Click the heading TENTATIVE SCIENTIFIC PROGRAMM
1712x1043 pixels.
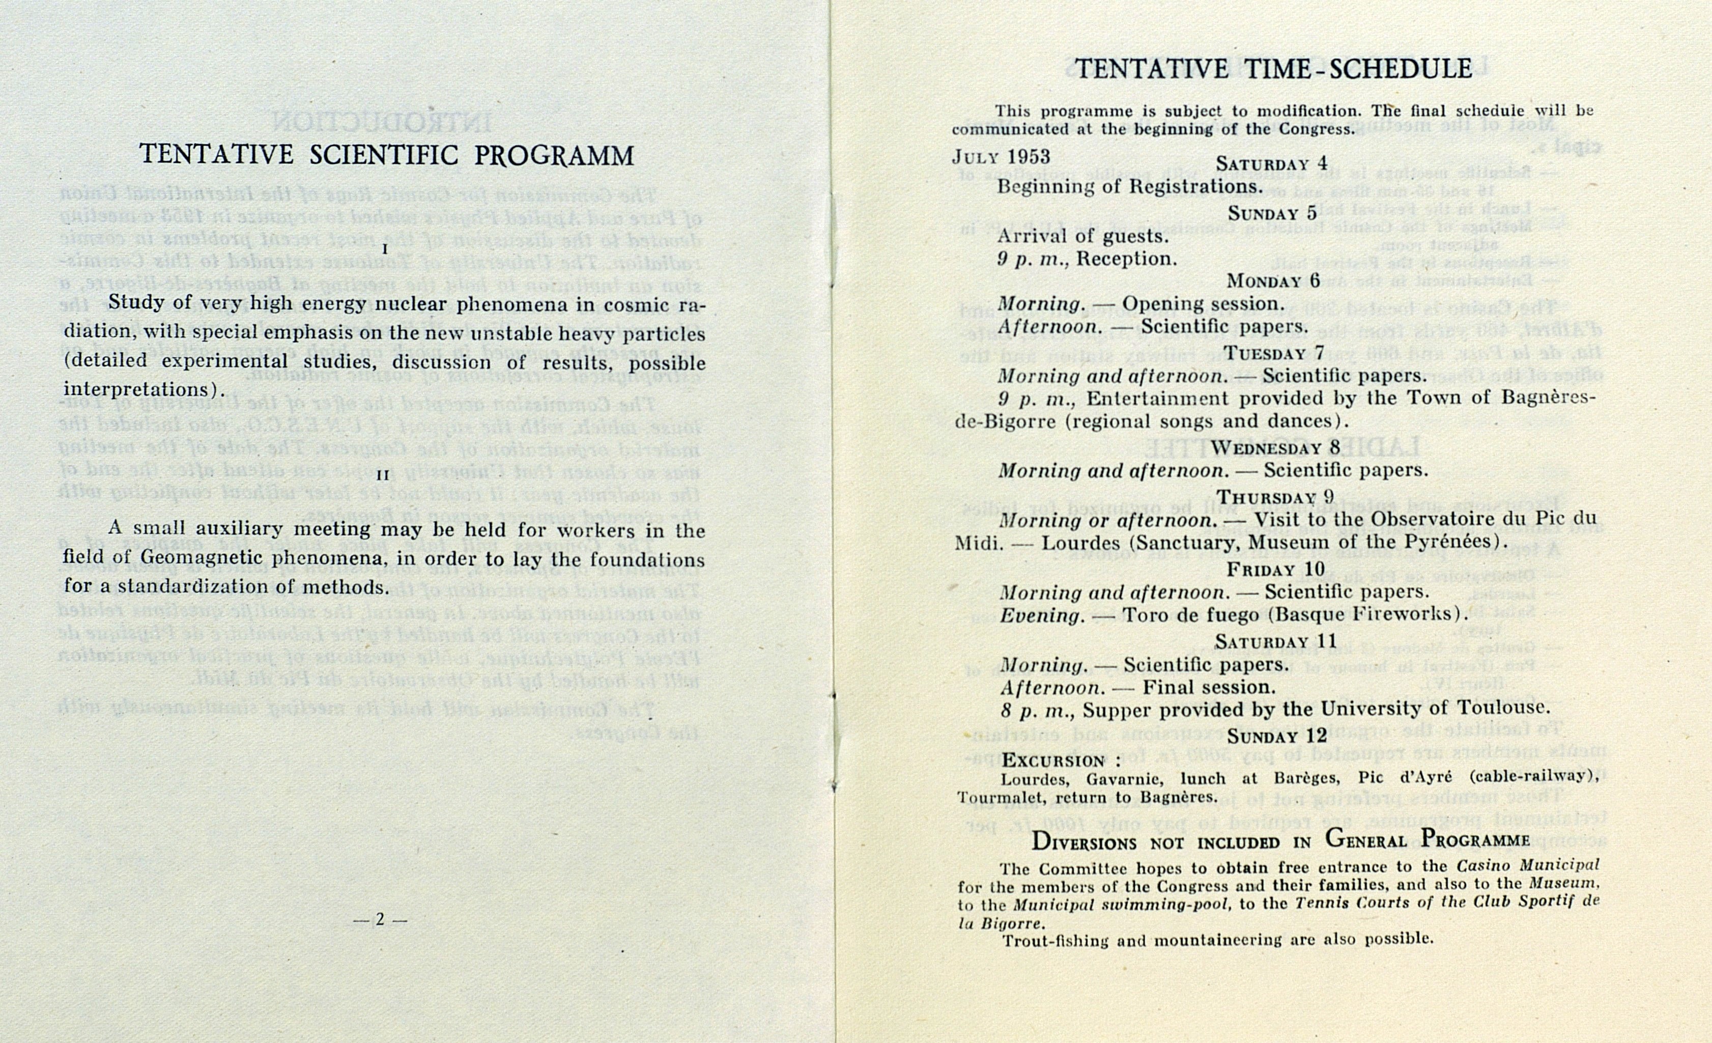pos(386,154)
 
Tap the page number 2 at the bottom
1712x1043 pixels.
pos(379,919)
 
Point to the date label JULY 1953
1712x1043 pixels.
pos(1001,157)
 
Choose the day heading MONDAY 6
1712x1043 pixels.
pos(1273,281)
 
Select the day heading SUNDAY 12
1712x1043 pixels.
pos(1277,735)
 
